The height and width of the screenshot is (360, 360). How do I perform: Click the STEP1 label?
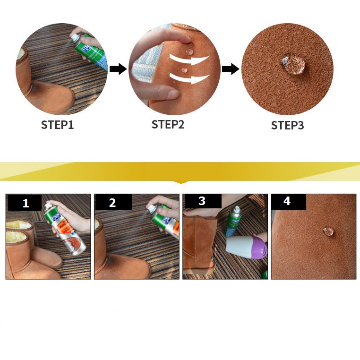[x=57, y=125]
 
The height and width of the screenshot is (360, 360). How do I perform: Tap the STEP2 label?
[x=168, y=124]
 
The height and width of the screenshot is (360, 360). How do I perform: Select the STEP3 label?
[x=287, y=125]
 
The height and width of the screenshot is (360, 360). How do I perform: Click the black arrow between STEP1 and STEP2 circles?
[x=118, y=69]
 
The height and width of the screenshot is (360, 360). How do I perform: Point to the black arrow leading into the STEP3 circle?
[x=231, y=69]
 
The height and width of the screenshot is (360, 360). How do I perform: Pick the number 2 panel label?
[x=112, y=203]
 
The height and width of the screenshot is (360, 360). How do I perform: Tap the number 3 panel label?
[x=202, y=201]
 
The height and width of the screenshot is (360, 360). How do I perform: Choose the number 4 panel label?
[x=287, y=201]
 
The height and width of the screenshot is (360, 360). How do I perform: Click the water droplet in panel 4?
[x=328, y=231]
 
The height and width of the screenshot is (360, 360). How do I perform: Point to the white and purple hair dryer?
[x=246, y=247]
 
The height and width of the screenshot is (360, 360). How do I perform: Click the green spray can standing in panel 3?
[x=233, y=221]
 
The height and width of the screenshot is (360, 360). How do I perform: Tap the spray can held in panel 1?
[x=66, y=230]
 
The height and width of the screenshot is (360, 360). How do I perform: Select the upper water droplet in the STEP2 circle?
[x=189, y=51]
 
